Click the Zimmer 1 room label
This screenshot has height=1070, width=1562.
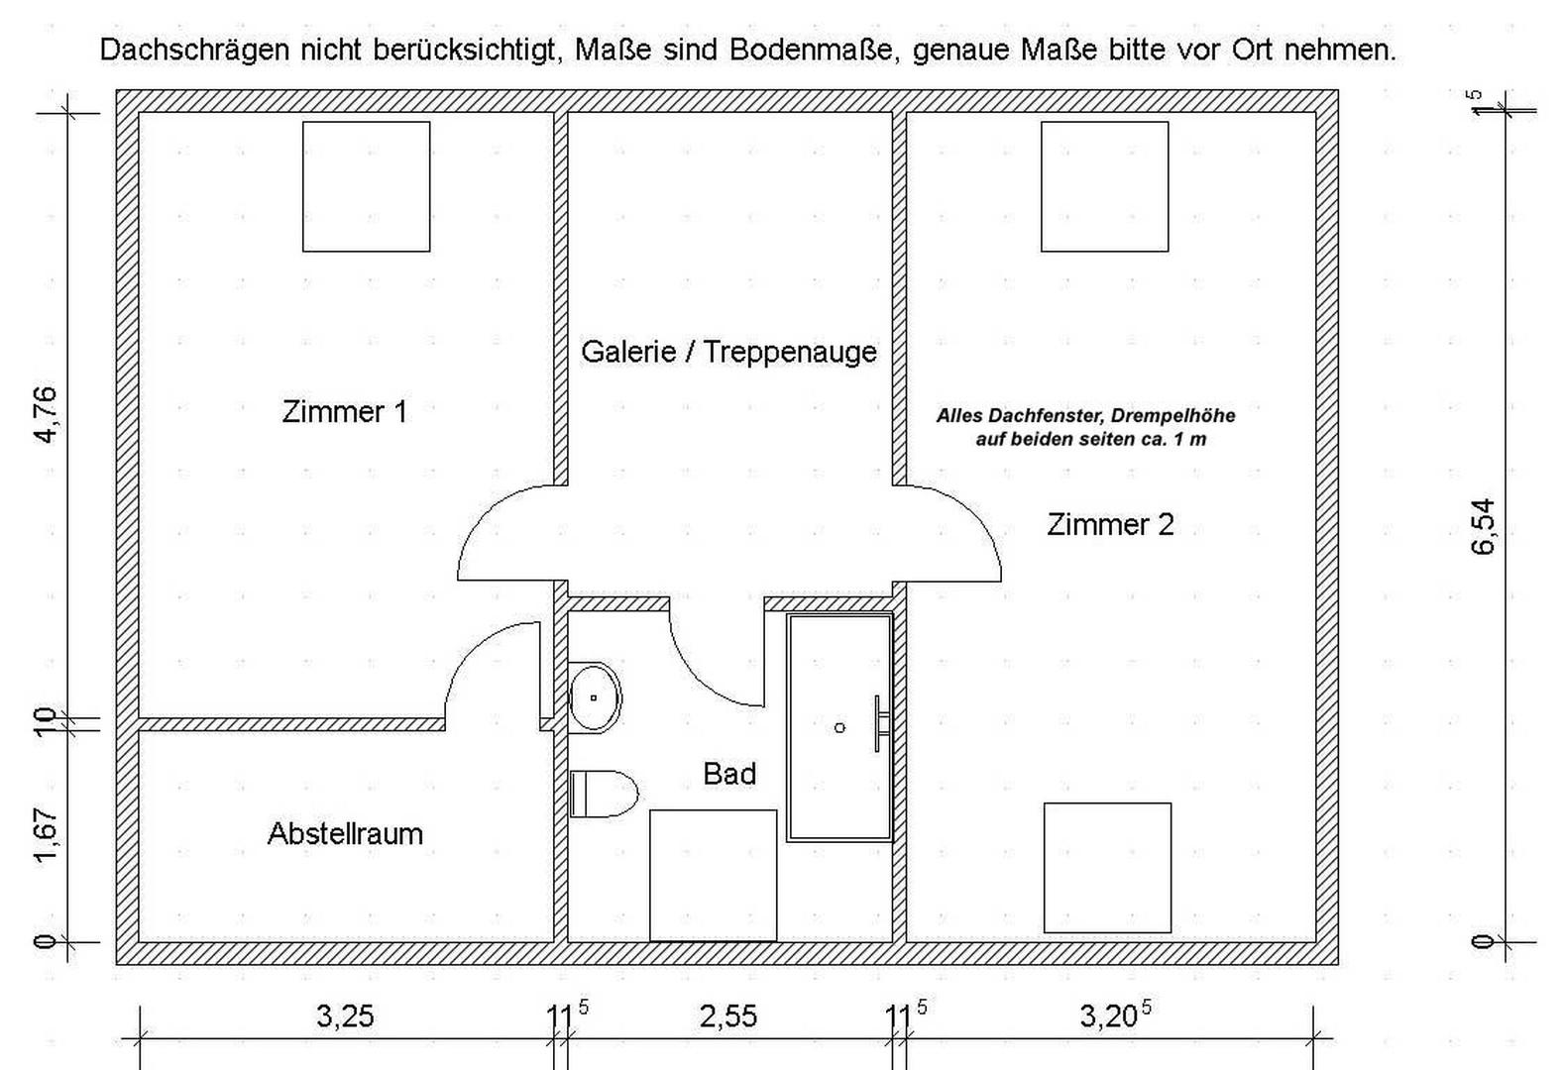[x=345, y=412]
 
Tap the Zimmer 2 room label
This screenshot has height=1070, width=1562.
[x=1110, y=525]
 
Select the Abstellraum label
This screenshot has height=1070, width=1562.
[x=345, y=833]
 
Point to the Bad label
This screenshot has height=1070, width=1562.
[x=729, y=774]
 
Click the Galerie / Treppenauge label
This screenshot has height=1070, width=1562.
[x=728, y=352]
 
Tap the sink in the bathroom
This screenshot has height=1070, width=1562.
[x=595, y=697]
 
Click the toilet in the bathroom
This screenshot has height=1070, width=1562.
[x=604, y=794]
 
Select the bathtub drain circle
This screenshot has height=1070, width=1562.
[x=839, y=728]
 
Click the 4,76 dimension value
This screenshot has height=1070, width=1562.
[x=47, y=415]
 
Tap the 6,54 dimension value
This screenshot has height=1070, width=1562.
[x=1484, y=527]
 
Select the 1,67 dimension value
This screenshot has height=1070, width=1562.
[x=47, y=835]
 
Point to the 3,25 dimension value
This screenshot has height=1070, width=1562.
[x=345, y=1016]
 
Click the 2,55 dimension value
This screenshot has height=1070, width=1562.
[x=728, y=1016]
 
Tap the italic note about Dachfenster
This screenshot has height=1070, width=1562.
[x=1085, y=427]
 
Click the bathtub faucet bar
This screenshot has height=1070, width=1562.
[x=877, y=723]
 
